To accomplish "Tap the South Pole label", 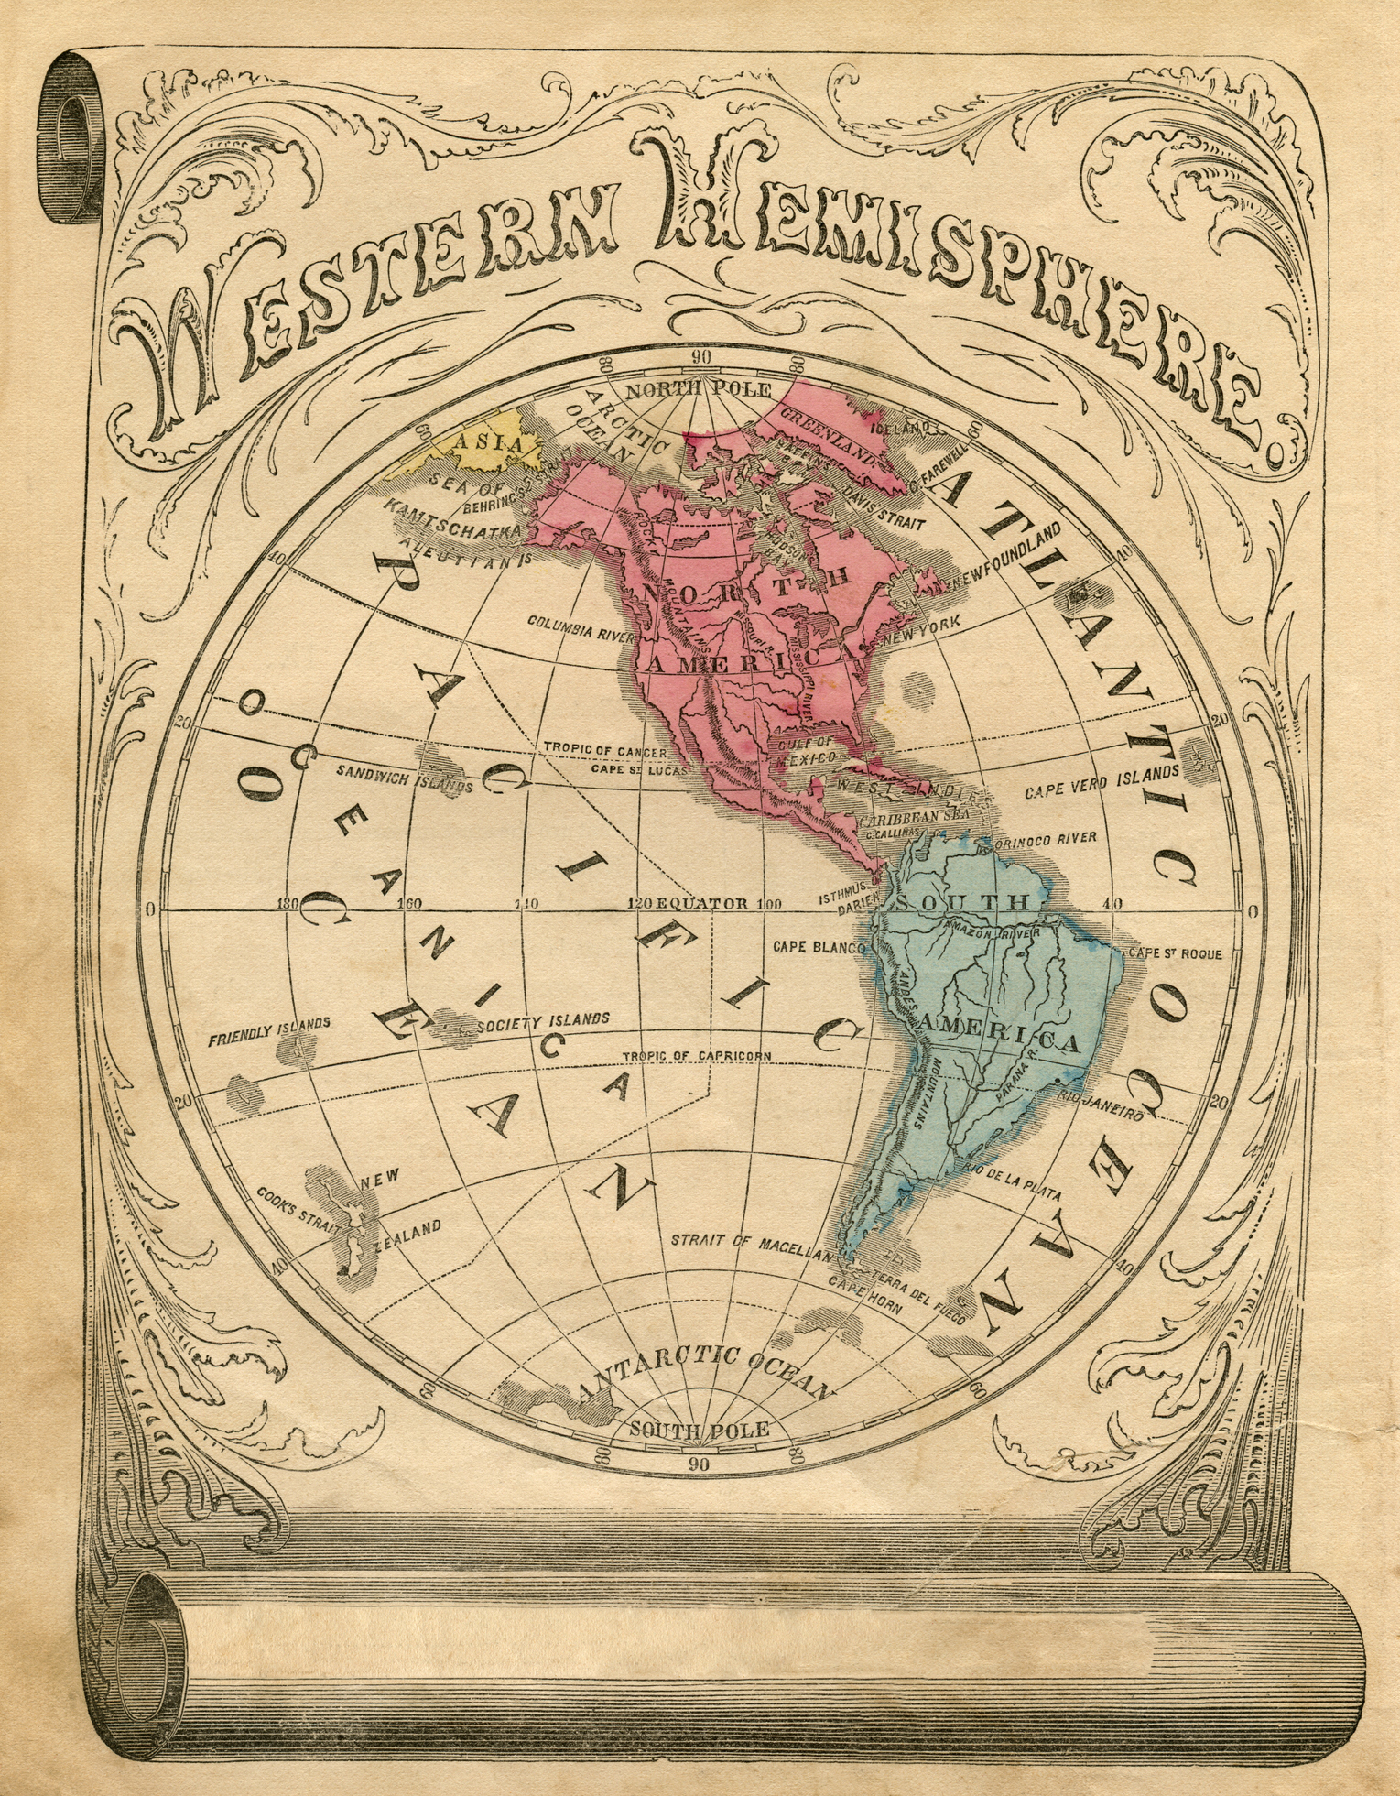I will point(699,1430).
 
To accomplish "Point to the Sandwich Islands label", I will point(404,778).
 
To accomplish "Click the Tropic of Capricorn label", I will point(697,1056).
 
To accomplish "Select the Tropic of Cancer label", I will point(605,750).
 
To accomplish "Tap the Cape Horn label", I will point(865,1295).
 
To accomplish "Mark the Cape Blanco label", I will point(819,947).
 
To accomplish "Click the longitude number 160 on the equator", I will point(408,904).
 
